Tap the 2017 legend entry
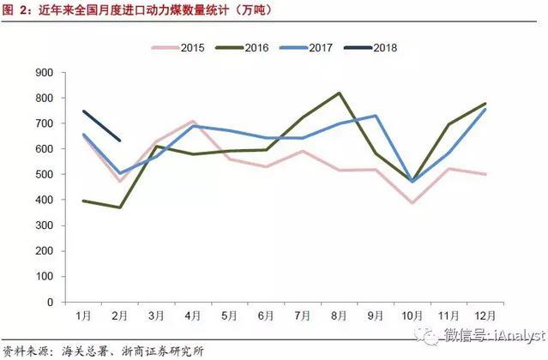[313, 48]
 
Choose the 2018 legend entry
[379, 48]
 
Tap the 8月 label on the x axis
[340, 315]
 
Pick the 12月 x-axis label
[485, 315]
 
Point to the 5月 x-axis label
[231, 315]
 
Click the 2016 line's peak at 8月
[340, 93]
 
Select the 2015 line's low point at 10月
[413, 203]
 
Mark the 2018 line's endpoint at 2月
[121, 141]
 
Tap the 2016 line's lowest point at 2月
[121, 207]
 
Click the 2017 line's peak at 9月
[376, 116]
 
